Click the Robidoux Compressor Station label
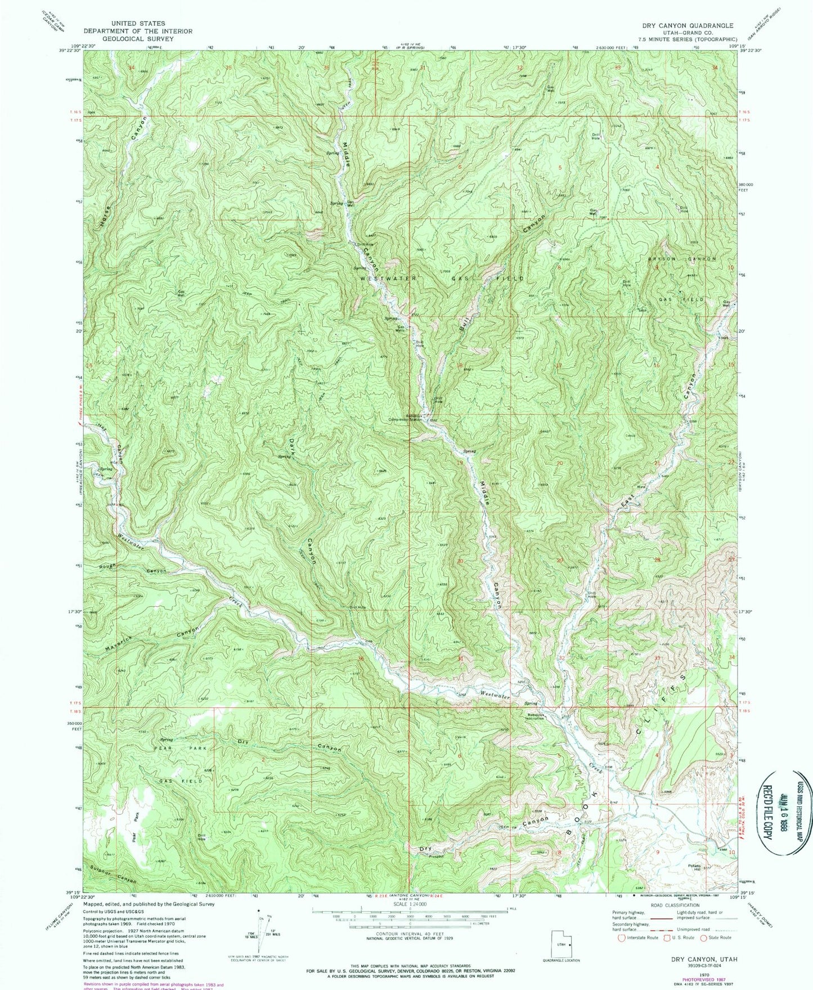point(407,419)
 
